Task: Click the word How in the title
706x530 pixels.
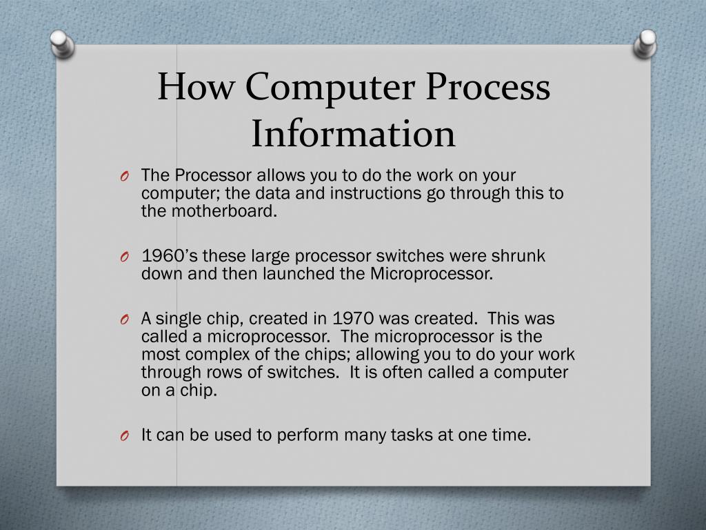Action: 194,88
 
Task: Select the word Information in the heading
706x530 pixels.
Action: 353,133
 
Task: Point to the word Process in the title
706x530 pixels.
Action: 487,88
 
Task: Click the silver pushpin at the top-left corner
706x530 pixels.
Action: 63,44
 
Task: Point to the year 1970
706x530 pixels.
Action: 354,319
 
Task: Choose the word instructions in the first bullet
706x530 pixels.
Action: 376,194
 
